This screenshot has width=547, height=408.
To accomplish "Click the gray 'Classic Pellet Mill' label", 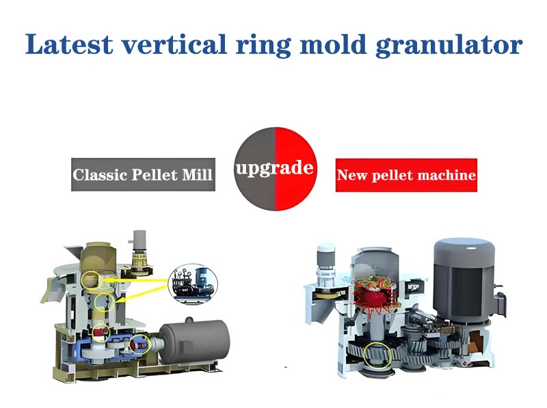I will point(143,175).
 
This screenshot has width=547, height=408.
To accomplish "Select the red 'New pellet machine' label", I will point(406,175).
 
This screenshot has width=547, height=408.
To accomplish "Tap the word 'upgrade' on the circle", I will point(274,167).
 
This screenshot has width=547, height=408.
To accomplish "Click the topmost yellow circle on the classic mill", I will point(91,280).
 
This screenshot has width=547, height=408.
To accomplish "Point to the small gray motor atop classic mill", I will point(142,241).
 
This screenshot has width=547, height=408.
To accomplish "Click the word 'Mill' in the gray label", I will point(198,175).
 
